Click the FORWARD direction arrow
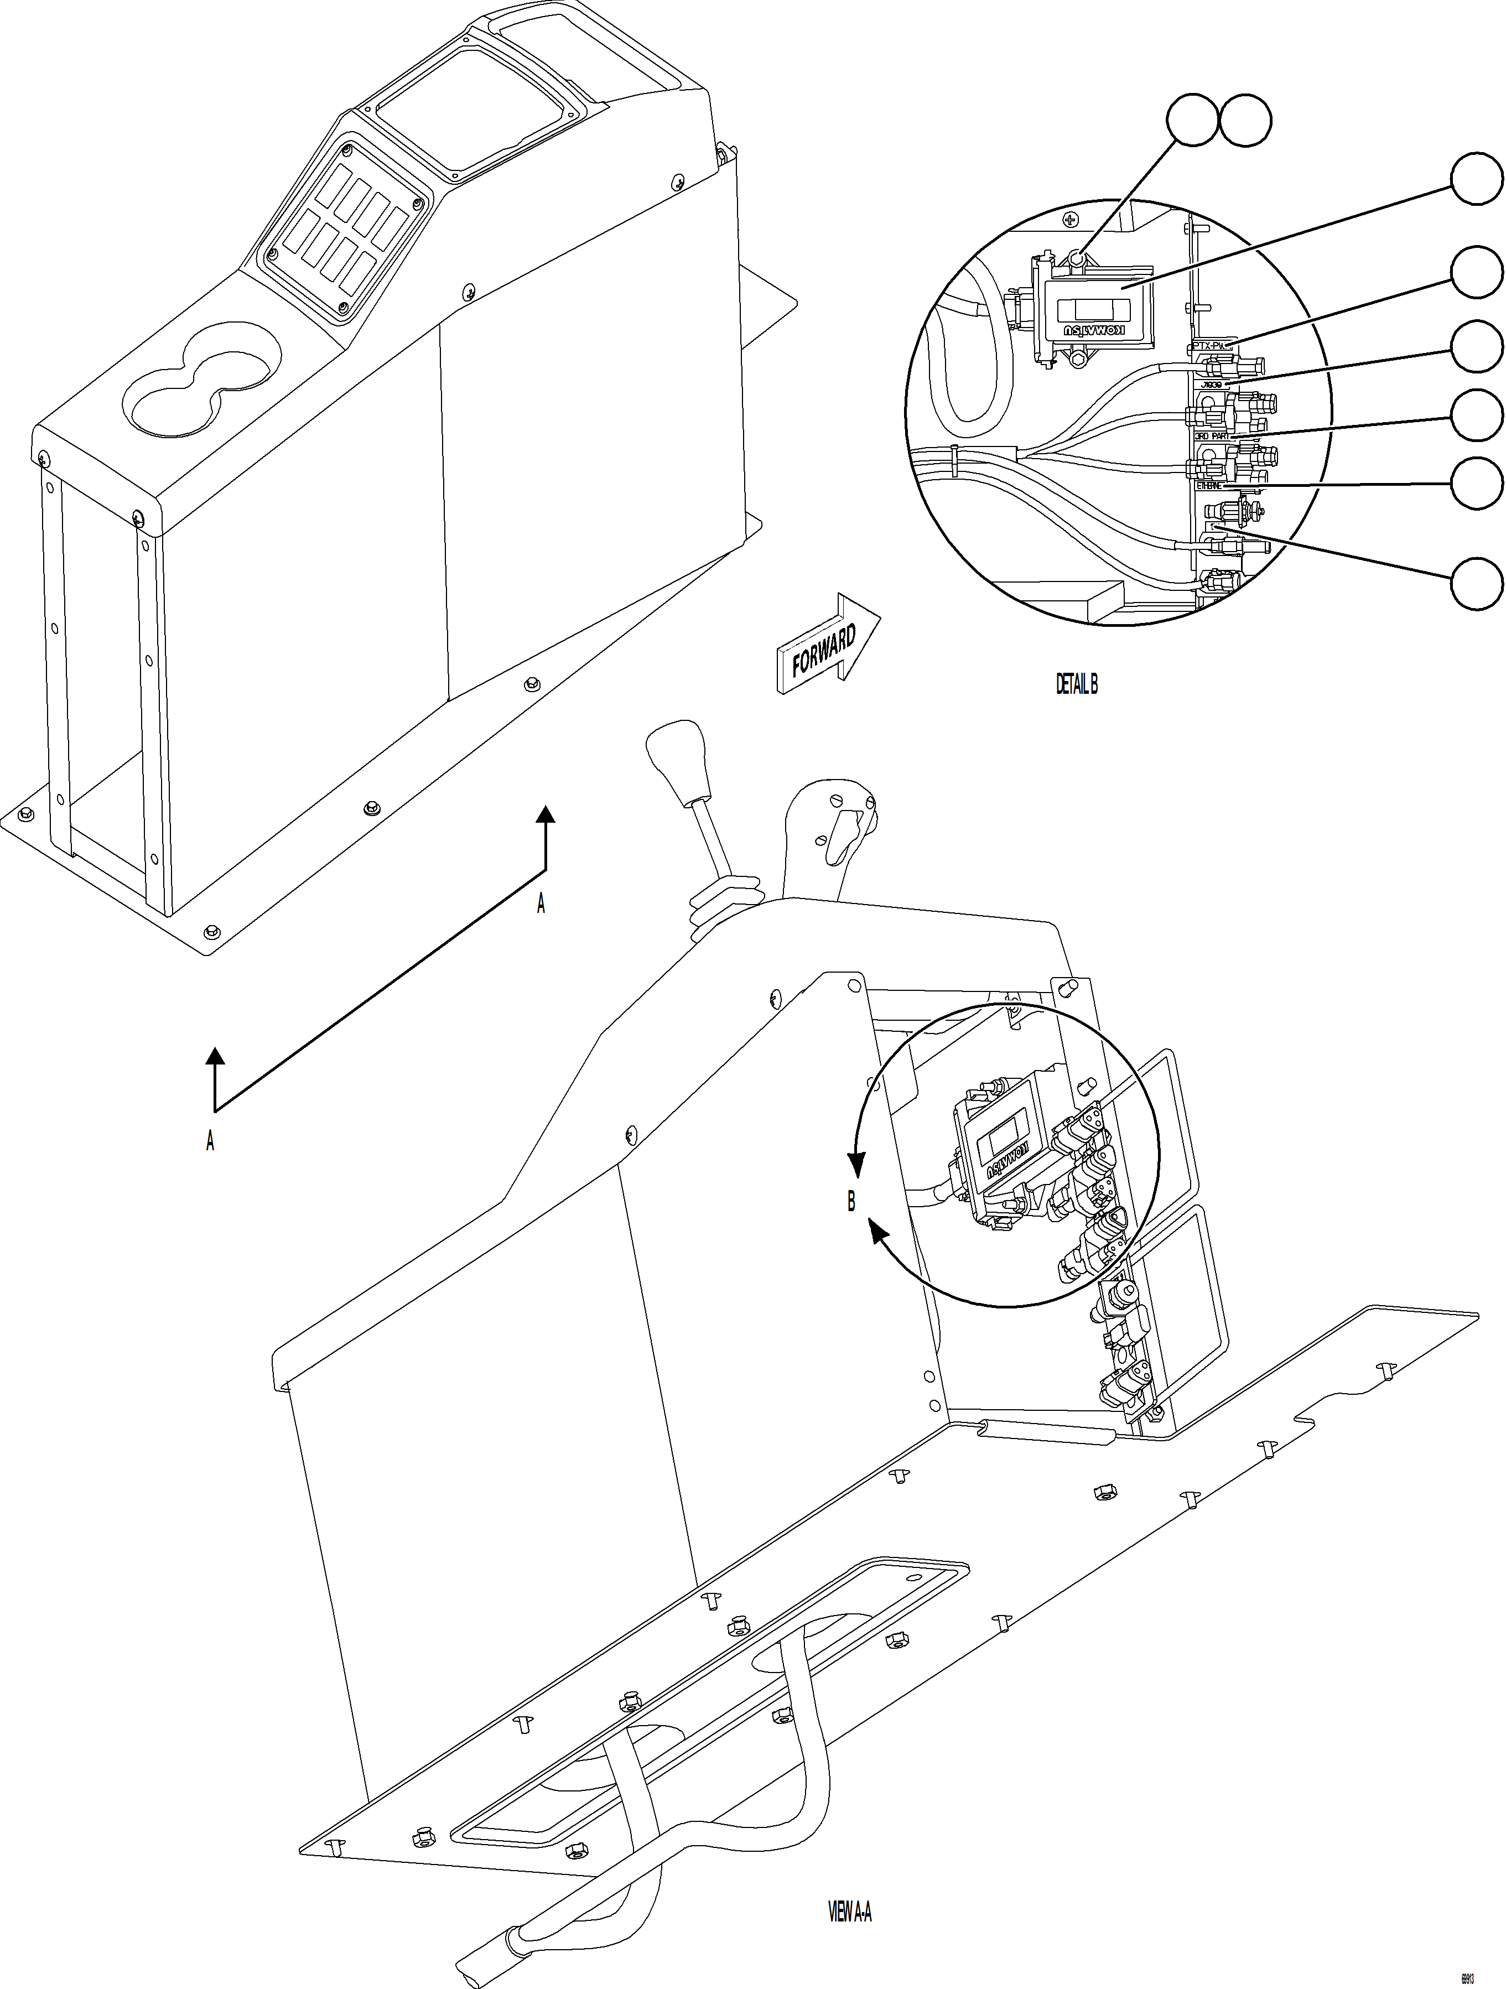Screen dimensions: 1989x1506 (827, 645)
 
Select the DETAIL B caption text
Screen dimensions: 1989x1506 (1076, 684)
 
